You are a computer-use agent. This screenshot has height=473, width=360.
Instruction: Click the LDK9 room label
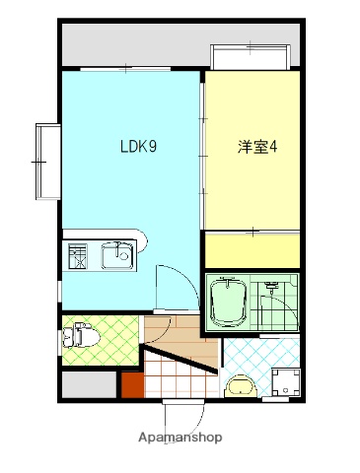point(139,148)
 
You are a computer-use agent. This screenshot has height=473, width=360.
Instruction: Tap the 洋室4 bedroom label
point(257,148)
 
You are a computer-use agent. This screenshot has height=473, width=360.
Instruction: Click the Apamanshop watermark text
point(180,437)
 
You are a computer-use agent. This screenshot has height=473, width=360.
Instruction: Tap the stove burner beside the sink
point(77,257)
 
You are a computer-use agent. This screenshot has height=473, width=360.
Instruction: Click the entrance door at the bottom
point(181,409)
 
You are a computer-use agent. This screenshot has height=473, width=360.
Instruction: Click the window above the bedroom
point(251,55)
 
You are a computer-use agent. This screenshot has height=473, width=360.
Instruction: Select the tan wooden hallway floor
point(182,337)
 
